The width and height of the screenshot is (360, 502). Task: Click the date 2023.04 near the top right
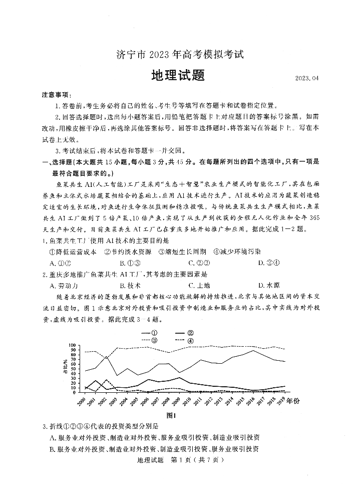pos(306,79)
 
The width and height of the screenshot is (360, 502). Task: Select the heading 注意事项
pos(57,95)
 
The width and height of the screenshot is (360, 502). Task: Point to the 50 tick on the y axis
pos(73,370)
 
